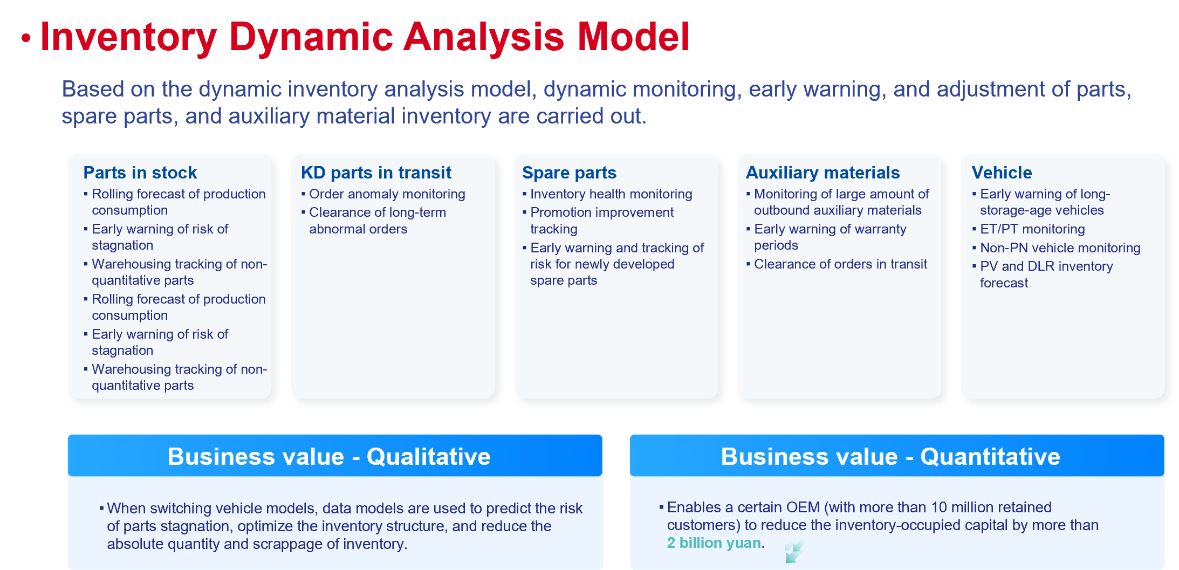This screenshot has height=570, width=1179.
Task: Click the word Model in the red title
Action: [633, 37]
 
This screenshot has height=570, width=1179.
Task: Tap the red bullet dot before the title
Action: [26, 38]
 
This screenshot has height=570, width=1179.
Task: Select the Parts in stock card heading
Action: [140, 173]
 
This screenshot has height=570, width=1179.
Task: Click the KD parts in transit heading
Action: [376, 173]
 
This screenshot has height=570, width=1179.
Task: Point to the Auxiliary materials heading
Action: [822, 173]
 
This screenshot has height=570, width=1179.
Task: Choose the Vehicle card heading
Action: [1002, 173]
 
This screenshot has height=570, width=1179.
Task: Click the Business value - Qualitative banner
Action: [335, 456]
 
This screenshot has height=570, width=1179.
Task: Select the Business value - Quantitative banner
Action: [897, 456]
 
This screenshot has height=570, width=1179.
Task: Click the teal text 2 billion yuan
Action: [714, 543]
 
